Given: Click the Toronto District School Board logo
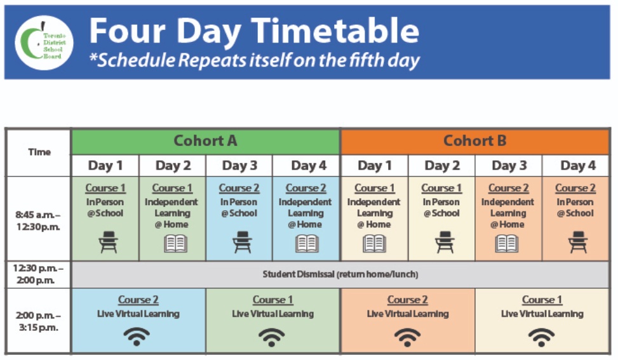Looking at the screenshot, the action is pos(44,43).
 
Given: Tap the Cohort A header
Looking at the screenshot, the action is pos(205,141).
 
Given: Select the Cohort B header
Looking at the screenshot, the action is pos(475,141).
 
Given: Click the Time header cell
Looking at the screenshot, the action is pos(39,152).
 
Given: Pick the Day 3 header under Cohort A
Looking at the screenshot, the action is pos(239,166).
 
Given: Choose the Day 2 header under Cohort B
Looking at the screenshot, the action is pos(442,166).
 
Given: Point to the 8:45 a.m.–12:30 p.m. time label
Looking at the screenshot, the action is pos(38,221).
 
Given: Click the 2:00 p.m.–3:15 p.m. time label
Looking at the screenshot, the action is pos(38,321).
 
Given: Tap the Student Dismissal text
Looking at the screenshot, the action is pos(340,274).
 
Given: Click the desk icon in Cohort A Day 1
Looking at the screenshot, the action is pos(108,243).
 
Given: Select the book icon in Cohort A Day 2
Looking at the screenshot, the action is pos(175,243).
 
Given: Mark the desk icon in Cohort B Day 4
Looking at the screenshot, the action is pos(578,243).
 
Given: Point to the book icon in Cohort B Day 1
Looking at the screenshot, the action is pos(374,243).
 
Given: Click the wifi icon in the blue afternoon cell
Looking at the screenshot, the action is pos(137,337).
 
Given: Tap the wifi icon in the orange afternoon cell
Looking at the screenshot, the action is pos(408,337).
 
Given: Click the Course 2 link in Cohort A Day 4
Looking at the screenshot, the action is pos(306,189).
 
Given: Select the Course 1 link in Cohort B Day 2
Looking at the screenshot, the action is pos(441,189).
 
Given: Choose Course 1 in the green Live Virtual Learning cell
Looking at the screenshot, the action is pos(272,300).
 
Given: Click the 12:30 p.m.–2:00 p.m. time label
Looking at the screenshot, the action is pos(38,274).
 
